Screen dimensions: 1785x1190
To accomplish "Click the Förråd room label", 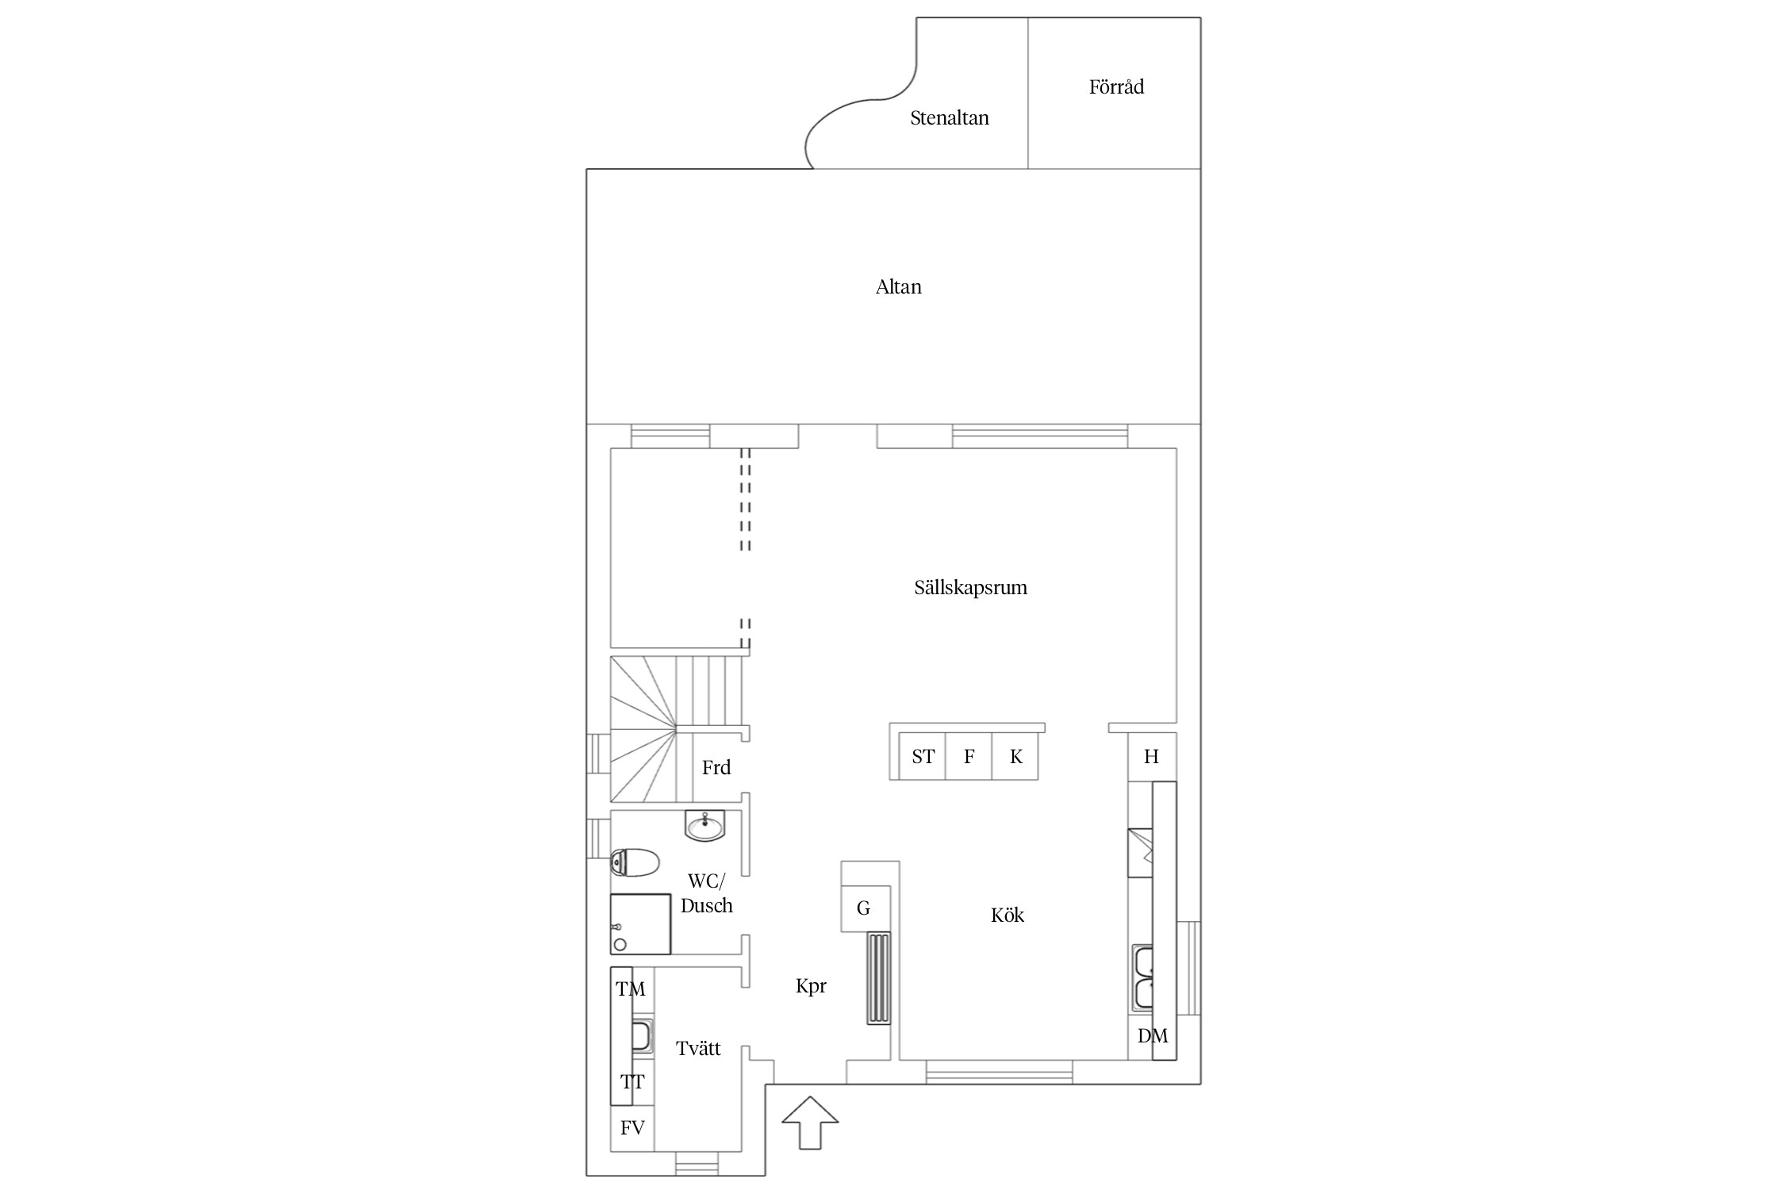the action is coord(1116,87).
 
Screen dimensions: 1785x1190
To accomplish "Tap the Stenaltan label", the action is coord(950,118).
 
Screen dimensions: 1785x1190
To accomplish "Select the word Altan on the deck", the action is coord(899,287).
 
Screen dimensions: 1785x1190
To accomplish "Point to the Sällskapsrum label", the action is coord(970,588).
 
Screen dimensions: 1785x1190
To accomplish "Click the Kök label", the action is coord(1008,915).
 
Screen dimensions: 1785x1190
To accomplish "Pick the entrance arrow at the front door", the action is coord(810,1123).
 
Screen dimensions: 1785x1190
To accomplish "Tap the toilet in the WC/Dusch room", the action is coord(635,862).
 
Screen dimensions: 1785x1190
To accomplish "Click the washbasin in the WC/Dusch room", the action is coord(704,826).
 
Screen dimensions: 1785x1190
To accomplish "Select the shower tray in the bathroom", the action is coord(640,924).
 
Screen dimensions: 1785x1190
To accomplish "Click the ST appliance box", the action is coord(923,757).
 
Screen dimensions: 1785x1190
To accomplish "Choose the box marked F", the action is coord(969,757).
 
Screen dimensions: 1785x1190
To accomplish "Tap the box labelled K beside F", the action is coord(1015,757).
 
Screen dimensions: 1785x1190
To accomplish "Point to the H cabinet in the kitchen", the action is coord(1152,757).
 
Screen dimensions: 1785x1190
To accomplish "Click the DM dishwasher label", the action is coord(1153,1035).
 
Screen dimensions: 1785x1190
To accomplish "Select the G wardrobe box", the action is coord(865,908).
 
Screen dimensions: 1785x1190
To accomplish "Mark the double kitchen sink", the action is coord(1142,979).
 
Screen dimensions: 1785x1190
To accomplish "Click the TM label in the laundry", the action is coord(631,989).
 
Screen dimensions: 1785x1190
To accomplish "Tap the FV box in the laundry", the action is coord(632,1127).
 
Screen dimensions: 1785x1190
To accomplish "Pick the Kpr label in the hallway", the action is coord(811,986).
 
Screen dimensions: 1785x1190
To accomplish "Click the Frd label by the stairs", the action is coord(716,767).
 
